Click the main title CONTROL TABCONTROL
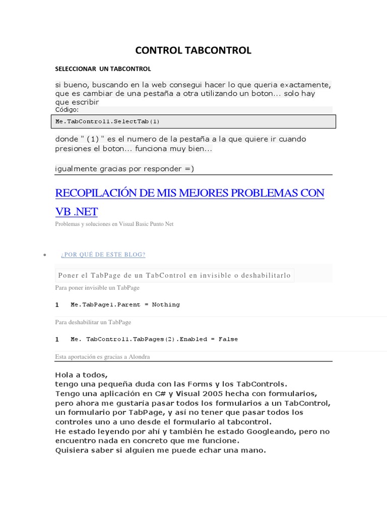(193, 50)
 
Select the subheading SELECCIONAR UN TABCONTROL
(103, 69)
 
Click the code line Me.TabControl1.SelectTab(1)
(108, 121)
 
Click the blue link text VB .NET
(76, 212)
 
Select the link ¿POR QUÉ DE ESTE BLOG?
(103, 254)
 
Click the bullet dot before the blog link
(45, 255)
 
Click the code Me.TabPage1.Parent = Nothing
(125, 304)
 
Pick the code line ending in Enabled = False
(154, 339)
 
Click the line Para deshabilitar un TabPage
(93, 322)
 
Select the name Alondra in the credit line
(139, 357)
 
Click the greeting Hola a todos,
(81, 374)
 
